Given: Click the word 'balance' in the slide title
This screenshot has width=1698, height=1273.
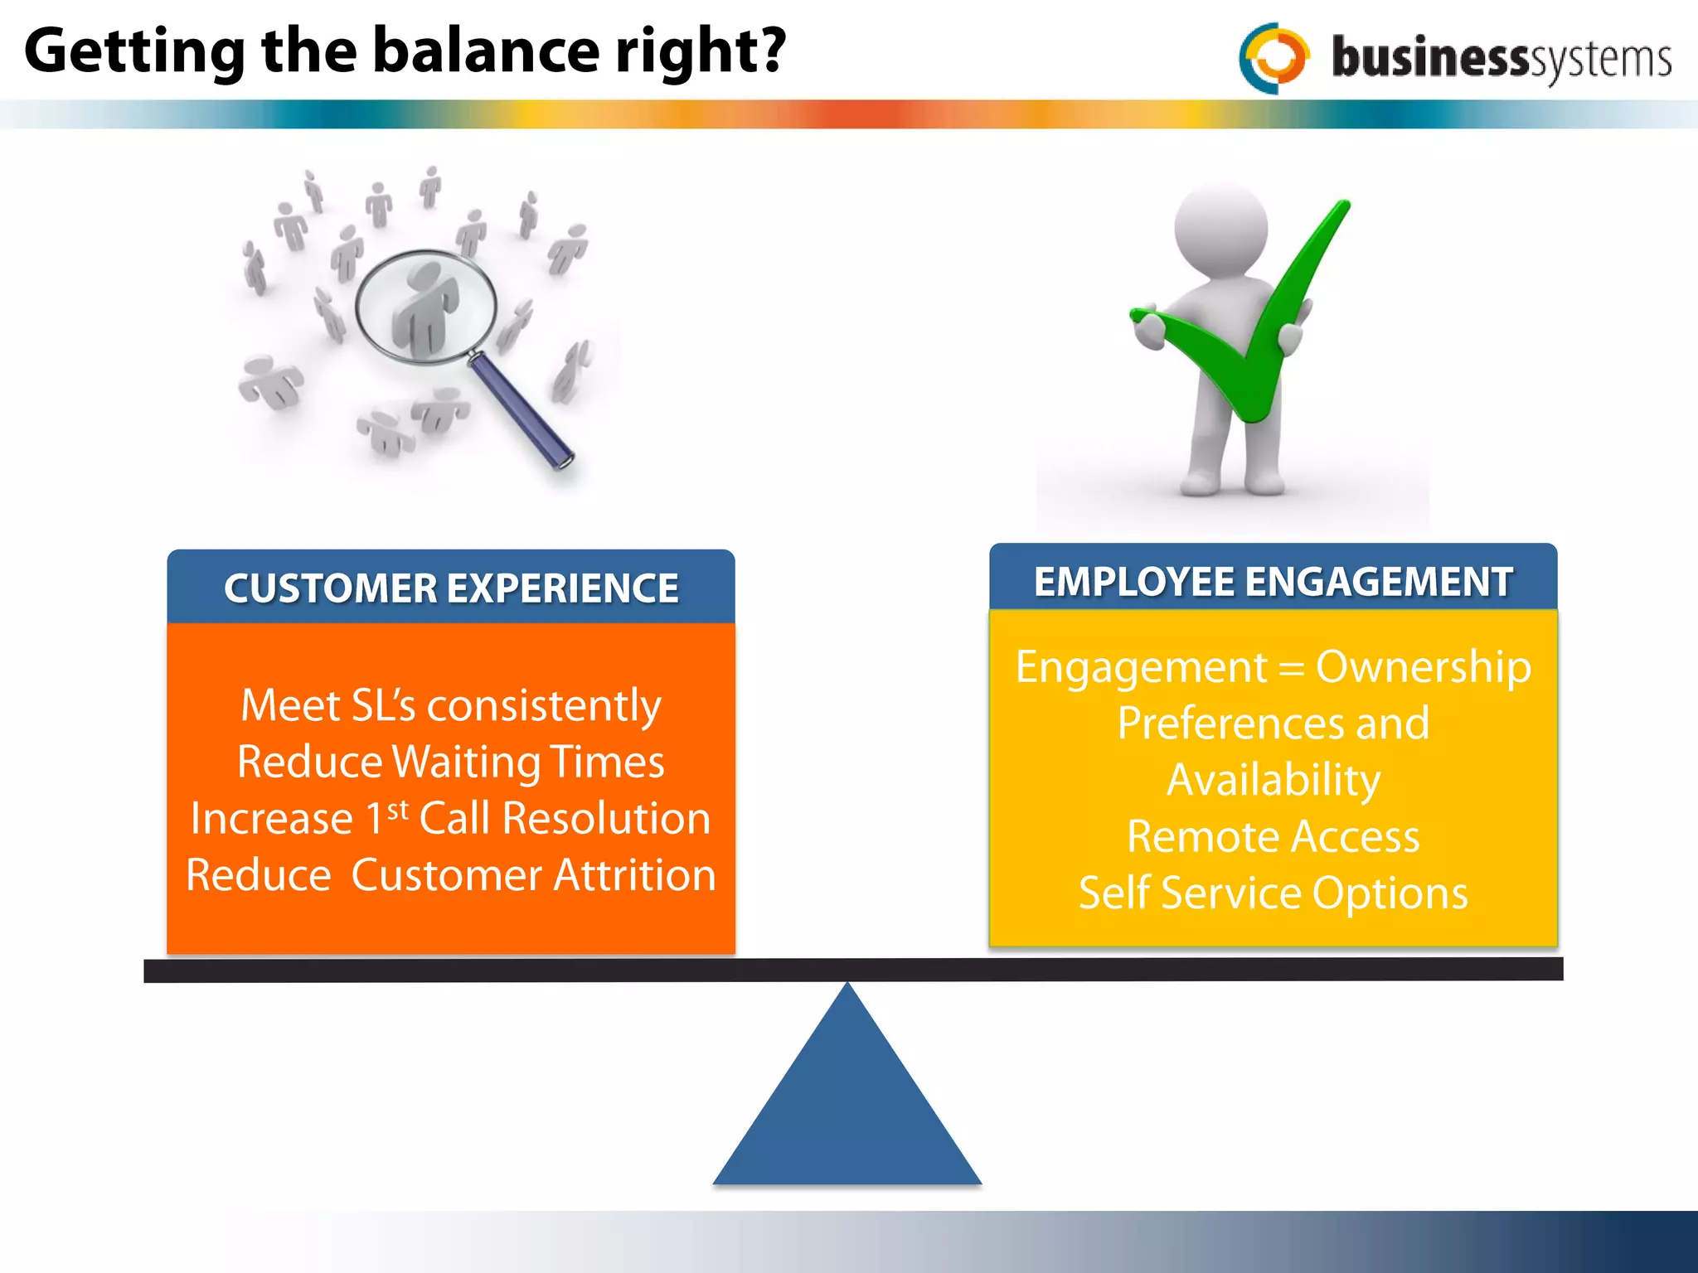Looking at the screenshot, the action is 484,51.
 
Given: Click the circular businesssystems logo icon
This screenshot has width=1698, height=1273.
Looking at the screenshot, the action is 1274,57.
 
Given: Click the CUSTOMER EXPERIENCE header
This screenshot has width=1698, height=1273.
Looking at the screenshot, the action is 451,588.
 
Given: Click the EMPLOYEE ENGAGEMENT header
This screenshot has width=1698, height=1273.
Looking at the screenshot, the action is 1273,581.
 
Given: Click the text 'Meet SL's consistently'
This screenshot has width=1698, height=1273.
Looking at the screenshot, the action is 450,705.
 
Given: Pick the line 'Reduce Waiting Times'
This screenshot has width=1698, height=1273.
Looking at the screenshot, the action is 450,762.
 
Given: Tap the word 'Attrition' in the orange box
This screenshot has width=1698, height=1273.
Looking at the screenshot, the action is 634,875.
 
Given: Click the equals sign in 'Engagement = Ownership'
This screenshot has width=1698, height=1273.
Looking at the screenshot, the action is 1292,668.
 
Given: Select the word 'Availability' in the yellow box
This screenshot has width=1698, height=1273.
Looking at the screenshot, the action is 1273,780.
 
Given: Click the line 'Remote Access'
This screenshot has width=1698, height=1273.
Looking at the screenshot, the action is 1273,836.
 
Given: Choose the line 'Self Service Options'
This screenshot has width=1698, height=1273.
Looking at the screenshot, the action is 1273,893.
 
